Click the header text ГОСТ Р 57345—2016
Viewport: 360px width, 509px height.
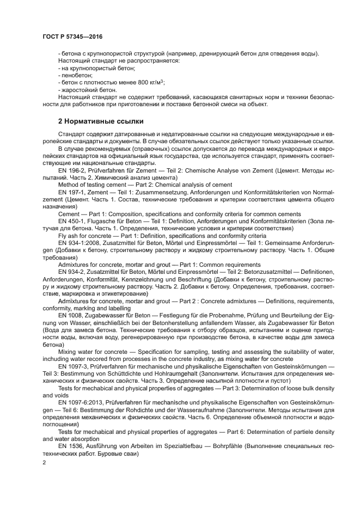tap(72, 36)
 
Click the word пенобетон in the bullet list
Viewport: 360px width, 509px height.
tap(77, 75)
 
